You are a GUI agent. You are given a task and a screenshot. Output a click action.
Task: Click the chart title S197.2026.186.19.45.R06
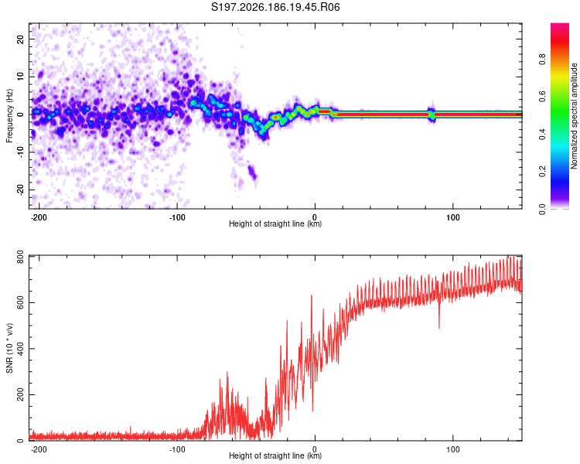pos(275,7)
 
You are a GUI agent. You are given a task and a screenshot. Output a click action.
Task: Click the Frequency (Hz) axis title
pos(9,116)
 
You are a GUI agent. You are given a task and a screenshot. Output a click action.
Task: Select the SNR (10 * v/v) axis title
pos(9,348)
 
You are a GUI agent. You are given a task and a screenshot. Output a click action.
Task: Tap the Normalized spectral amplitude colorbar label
pos(574,116)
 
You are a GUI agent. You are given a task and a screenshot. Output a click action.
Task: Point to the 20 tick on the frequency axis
pos(21,39)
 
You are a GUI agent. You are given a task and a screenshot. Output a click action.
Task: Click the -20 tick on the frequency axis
pos(21,190)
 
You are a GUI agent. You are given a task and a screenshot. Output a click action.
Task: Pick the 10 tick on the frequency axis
pos(21,77)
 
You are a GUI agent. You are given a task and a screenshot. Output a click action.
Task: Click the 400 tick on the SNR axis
pos(21,348)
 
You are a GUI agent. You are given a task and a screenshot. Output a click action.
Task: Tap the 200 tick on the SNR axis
pos(21,394)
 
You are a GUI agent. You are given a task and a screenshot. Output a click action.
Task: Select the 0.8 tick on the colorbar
pos(542,60)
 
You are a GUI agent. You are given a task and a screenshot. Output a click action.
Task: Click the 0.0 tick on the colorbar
pos(542,210)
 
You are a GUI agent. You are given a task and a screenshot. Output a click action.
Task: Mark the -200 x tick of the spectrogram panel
pos(38,217)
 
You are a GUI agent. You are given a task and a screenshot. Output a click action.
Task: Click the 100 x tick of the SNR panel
pos(452,449)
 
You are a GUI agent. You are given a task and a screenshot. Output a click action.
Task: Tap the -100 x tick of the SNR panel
pos(177,449)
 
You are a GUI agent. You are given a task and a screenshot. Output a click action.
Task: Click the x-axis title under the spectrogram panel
pos(275,223)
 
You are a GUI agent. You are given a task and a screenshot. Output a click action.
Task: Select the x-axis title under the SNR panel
pos(275,455)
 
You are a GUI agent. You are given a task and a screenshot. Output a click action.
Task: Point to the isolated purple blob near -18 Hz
pos(252,172)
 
